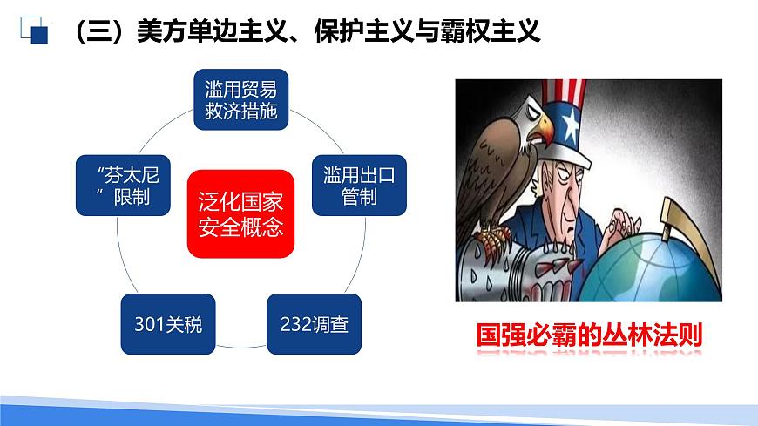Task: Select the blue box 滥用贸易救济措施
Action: tap(240, 99)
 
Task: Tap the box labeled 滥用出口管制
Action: tap(359, 185)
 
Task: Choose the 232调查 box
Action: tap(314, 324)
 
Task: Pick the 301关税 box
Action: tap(168, 324)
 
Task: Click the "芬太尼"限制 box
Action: tap(125, 185)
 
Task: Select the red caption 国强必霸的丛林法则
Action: tap(589, 335)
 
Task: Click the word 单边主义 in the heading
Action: tap(235, 32)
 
